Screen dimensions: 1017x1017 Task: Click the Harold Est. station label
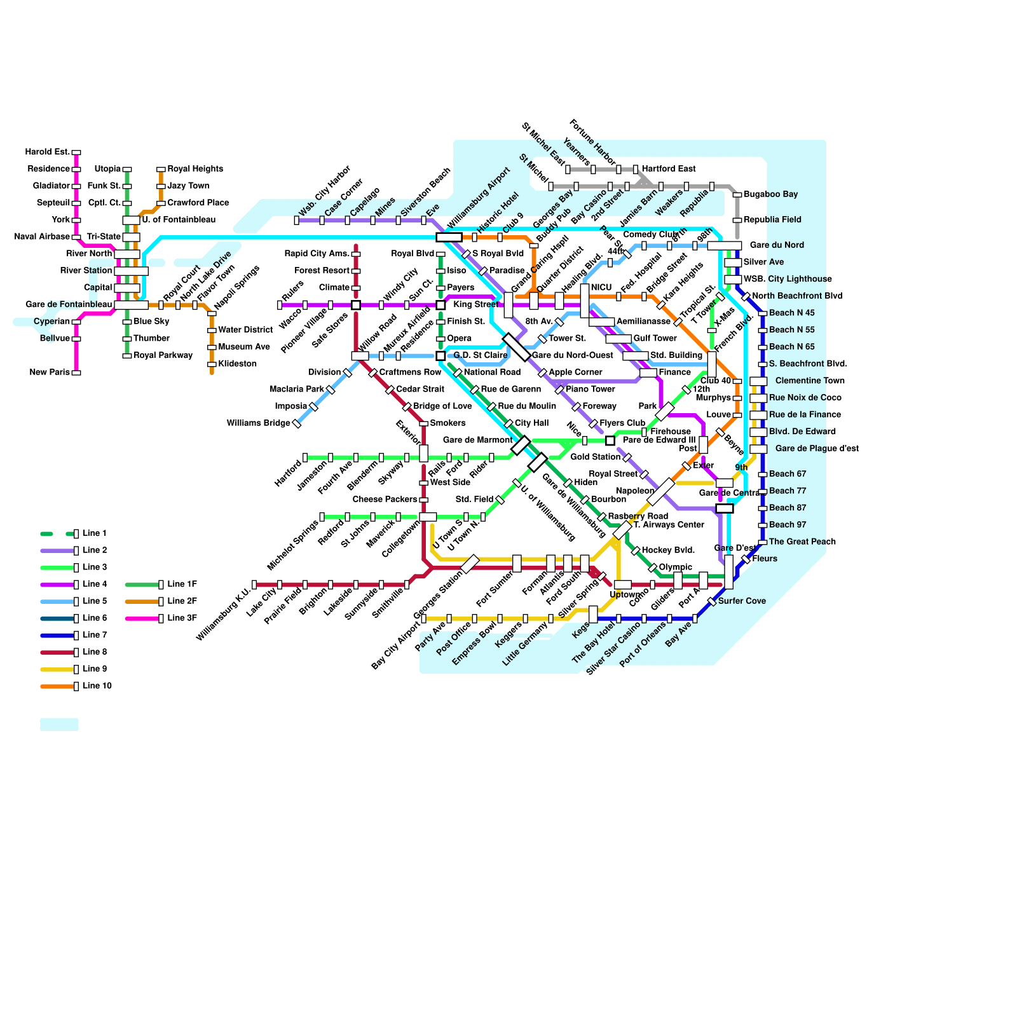click(48, 152)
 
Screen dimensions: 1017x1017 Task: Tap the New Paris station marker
click(76, 372)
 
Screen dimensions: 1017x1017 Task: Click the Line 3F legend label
click(182, 618)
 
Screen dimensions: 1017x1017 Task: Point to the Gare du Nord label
click(777, 245)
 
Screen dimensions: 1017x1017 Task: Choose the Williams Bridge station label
click(258, 423)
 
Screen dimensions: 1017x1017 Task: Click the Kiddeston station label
click(237, 364)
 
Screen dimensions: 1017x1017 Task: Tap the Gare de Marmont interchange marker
click(521, 445)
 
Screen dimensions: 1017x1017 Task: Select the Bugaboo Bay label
click(770, 194)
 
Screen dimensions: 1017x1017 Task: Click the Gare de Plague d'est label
click(817, 448)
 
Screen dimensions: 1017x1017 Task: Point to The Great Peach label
click(802, 542)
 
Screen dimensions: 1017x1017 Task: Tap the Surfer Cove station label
click(742, 601)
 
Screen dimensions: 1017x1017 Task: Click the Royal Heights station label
click(195, 168)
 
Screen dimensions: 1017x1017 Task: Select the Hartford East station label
click(669, 168)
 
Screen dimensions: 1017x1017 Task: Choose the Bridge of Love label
click(442, 406)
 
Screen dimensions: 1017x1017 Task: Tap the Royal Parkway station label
click(163, 355)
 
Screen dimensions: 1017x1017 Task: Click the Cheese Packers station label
click(385, 499)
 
